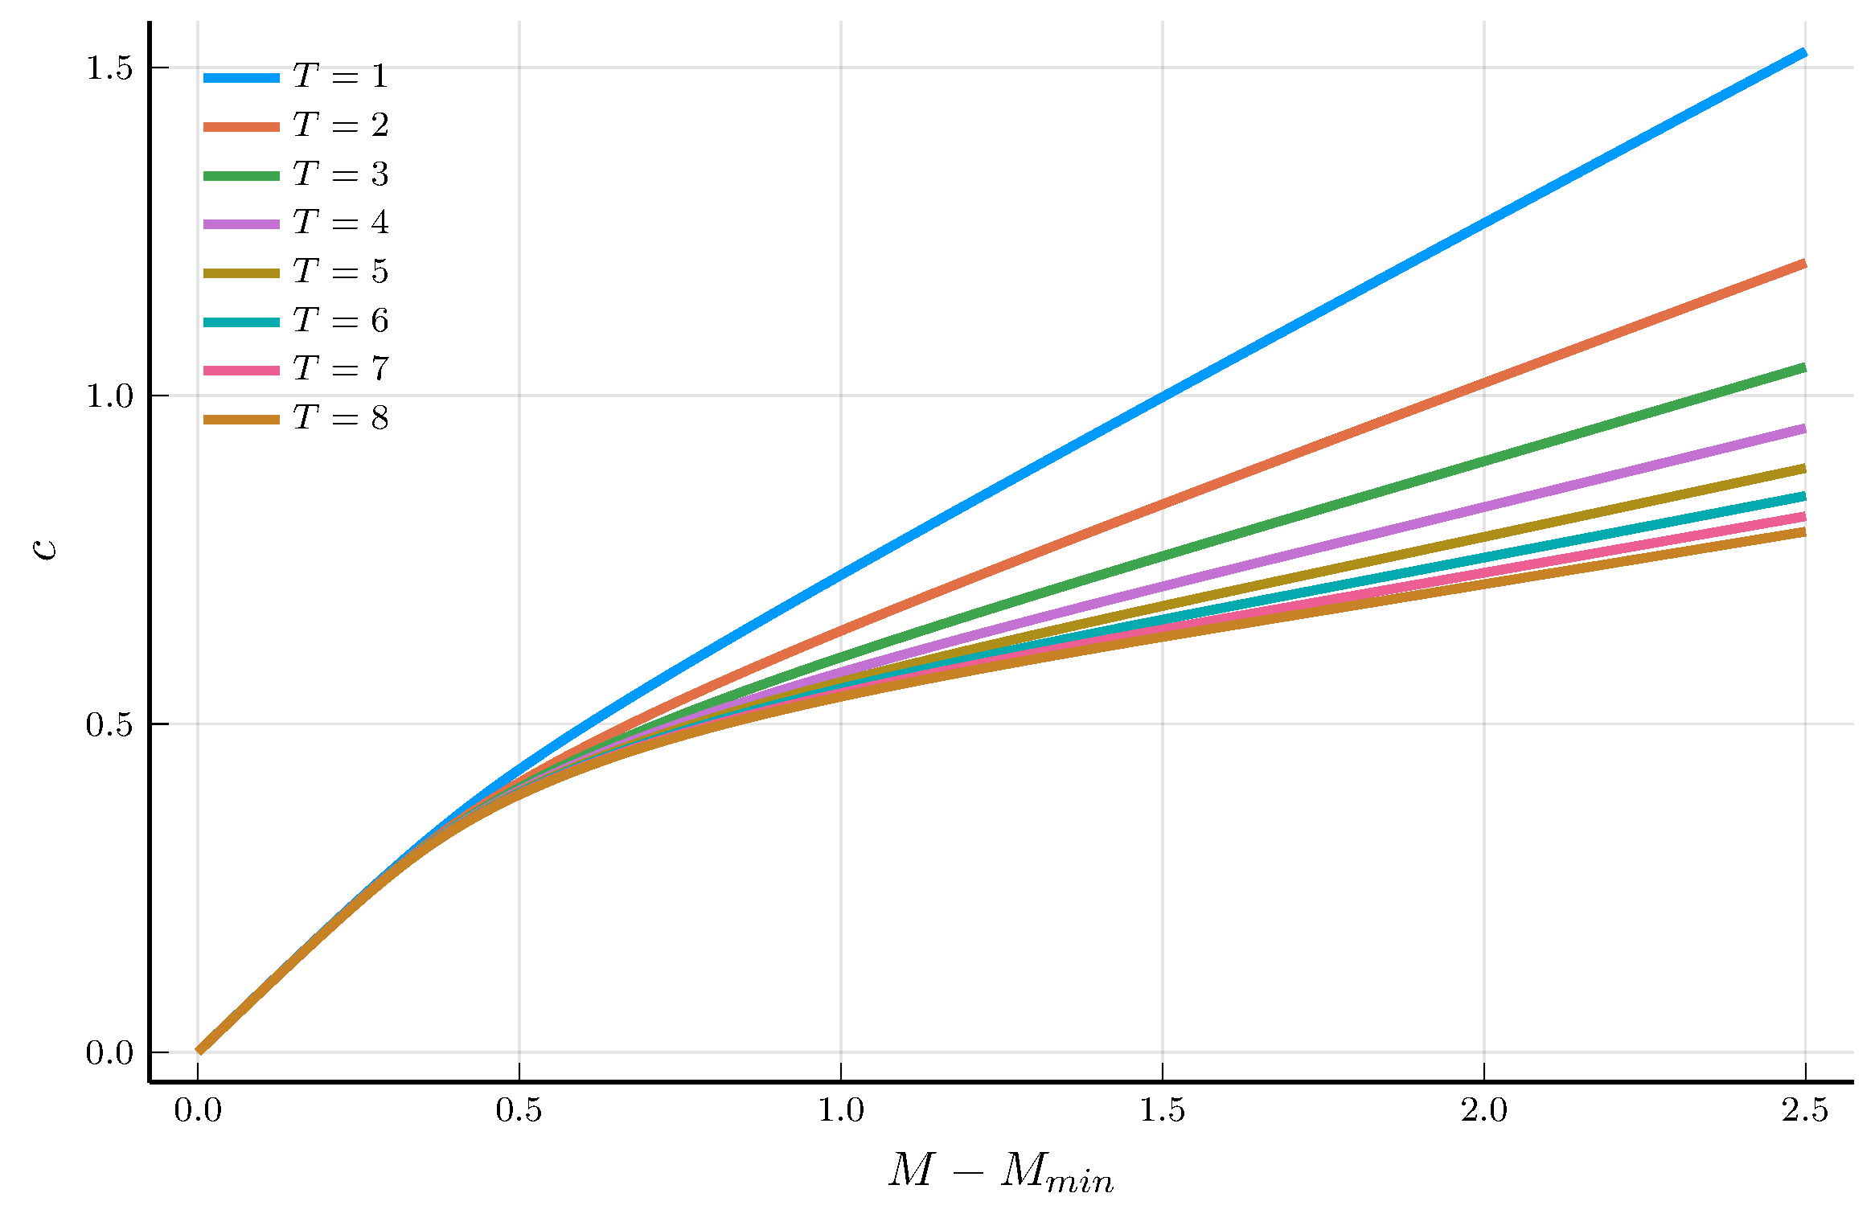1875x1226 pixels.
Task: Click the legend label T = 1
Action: tap(340, 76)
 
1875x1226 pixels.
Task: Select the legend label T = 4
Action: tap(340, 223)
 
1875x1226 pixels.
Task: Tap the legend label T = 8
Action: tap(340, 418)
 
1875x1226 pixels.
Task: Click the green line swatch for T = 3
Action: tap(241, 175)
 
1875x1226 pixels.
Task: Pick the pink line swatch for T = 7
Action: tap(241, 371)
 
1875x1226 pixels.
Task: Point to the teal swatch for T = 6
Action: tap(241, 322)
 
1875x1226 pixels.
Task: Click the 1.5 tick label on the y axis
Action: tap(109, 68)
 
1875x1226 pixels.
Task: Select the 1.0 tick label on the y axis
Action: tap(109, 396)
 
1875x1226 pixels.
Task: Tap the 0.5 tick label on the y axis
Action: tap(109, 724)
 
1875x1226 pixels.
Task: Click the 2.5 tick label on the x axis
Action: tap(1805, 1111)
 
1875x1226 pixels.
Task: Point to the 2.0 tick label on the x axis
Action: tap(1483, 1111)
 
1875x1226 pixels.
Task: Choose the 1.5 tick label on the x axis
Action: tap(1163, 1111)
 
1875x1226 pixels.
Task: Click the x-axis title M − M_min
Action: tap(1001, 1171)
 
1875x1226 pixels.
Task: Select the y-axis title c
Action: tap(46, 548)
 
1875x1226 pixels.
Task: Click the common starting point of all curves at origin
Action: tap(199, 1051)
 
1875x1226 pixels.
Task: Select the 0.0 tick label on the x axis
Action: tap(198, 1111)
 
